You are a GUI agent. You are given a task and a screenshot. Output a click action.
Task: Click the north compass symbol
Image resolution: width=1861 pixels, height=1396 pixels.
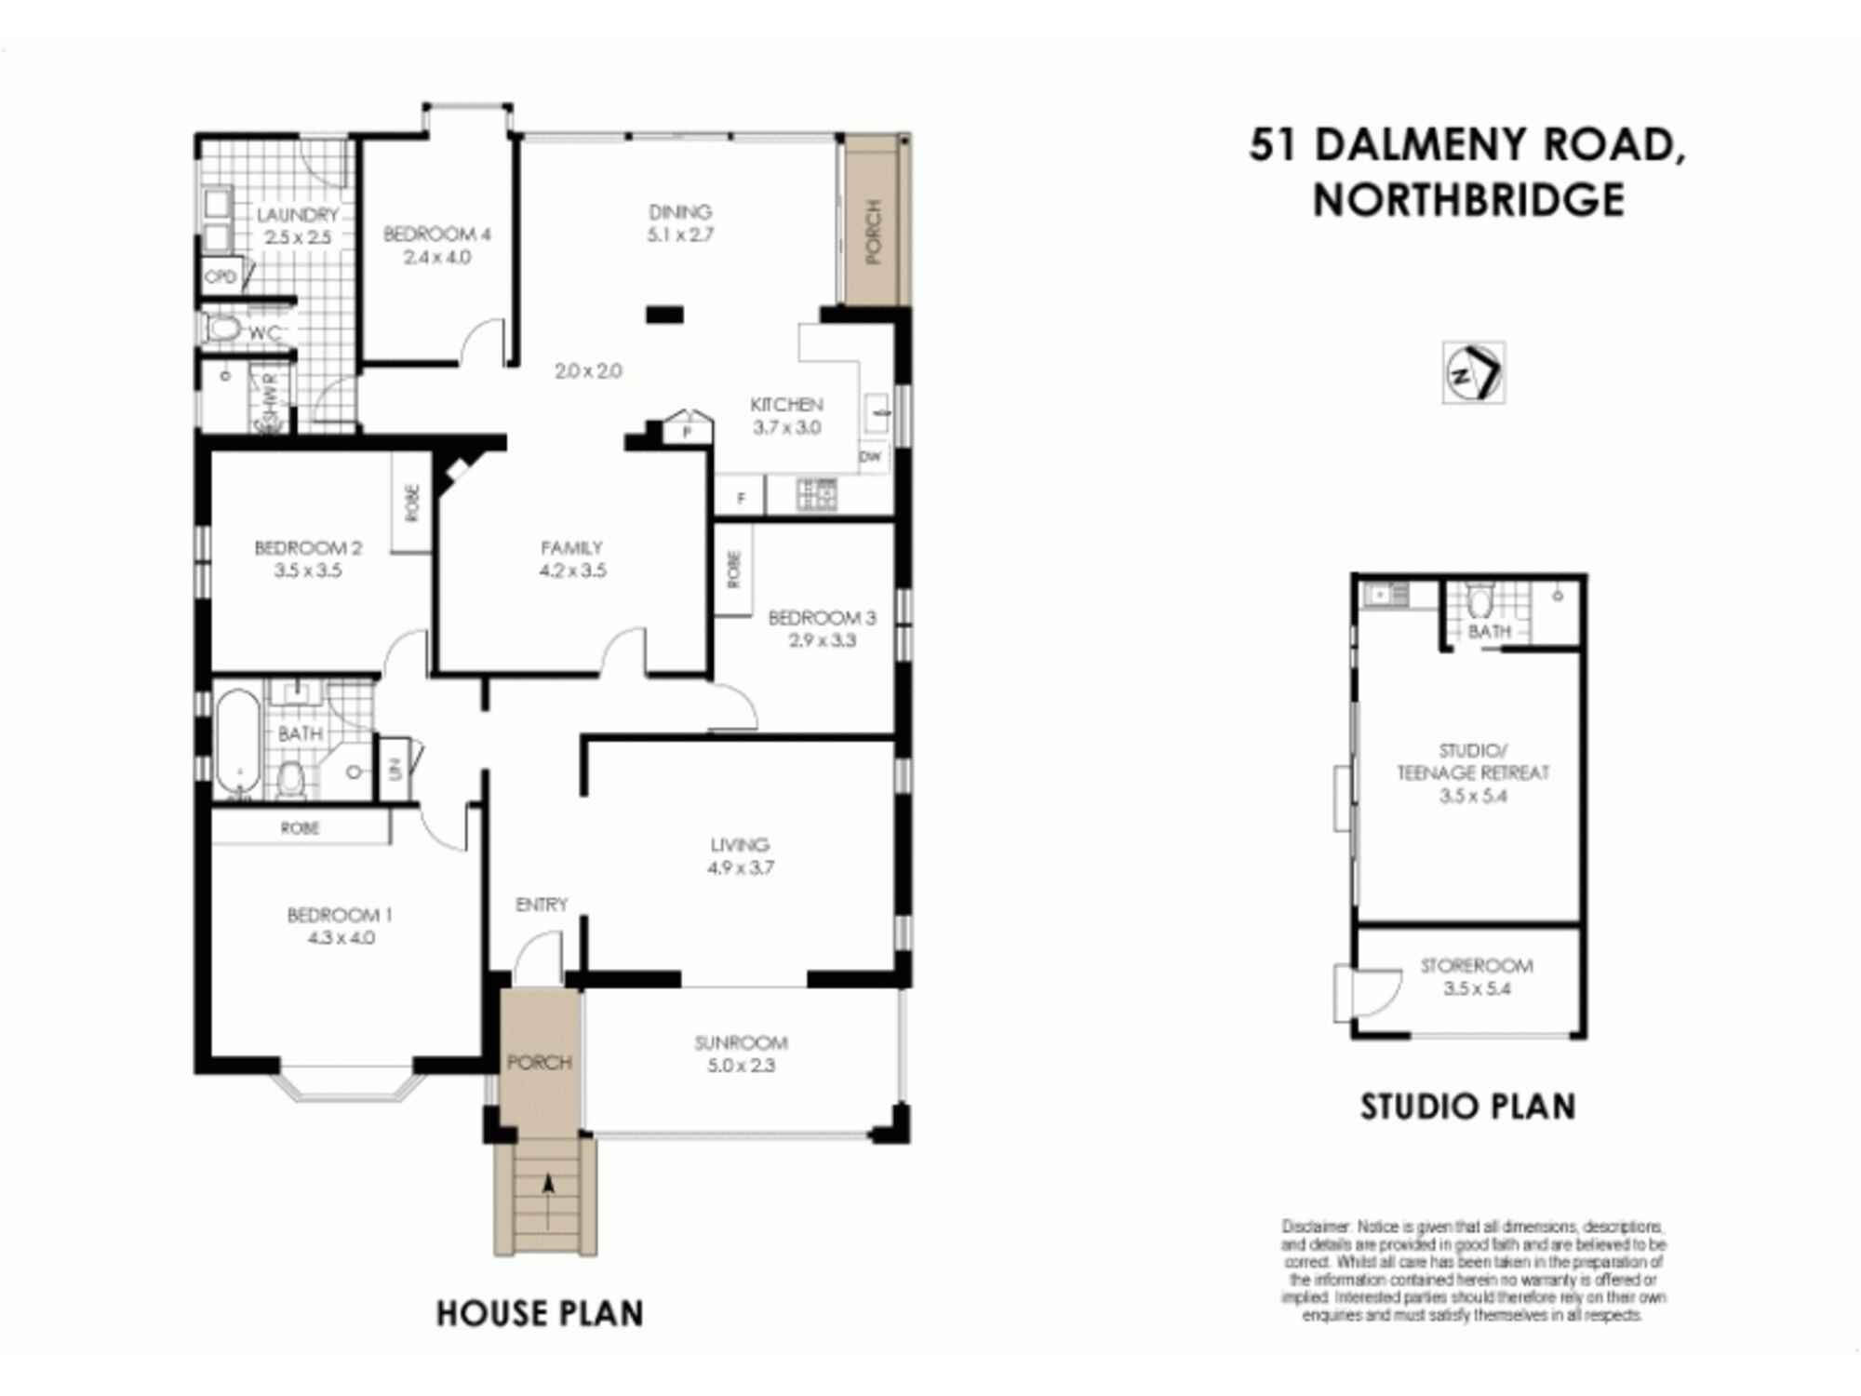(x=1473, y=373)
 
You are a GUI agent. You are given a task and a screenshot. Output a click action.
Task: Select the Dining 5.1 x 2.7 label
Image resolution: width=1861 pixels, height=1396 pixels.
(x=680, y=223)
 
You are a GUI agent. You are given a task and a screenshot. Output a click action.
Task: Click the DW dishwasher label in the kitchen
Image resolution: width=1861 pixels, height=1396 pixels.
(x=870, y=457)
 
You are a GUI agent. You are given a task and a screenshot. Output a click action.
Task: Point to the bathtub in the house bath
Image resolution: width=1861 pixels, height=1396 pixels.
(x=238, y=741)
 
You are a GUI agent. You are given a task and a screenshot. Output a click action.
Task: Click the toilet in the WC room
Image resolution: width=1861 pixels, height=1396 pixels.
(x=223, y=329)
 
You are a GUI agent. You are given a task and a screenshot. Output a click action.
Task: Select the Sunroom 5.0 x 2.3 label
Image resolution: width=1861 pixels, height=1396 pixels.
(x=741, y=1054)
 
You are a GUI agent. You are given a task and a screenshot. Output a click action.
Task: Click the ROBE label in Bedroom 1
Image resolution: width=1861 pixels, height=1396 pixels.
(x=300, y=828)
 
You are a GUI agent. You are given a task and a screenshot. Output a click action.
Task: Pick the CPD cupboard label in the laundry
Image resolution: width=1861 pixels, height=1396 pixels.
(x=221, y=277)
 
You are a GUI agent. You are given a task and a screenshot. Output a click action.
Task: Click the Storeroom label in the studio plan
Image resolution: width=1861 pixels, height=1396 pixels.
(x=1476, y=977)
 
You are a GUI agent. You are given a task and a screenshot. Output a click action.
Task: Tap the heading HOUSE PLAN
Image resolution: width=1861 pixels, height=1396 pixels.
(x=540, y=1313)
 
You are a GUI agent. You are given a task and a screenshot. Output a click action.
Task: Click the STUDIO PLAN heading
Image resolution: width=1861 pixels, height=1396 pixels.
(x=1467, y=1107)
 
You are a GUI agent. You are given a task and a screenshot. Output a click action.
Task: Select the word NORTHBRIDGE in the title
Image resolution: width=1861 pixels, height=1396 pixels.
(x=1468, y=200)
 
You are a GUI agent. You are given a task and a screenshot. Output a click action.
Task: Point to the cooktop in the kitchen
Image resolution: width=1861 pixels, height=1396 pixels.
(x=817, y=494)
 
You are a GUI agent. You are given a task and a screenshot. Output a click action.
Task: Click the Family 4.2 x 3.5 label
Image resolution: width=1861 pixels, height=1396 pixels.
(x=572, y=559)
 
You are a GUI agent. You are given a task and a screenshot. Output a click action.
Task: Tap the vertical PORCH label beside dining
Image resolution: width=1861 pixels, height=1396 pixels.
(x=873, y=232)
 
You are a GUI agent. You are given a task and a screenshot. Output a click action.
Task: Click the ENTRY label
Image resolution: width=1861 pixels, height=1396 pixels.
(x=541, y=905)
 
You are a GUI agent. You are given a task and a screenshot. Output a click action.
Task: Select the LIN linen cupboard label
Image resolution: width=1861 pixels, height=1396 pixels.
(x=395, y=769)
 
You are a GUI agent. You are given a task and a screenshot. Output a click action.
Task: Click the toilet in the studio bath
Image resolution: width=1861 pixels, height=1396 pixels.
(x=1479, y=601)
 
